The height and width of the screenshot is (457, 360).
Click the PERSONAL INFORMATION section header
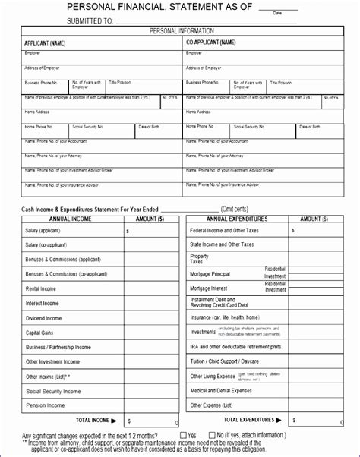point(180,31)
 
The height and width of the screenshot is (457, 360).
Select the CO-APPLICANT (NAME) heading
point(210,43)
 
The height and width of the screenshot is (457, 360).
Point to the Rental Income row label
point(43,288)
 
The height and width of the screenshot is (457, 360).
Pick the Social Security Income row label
point(53,391)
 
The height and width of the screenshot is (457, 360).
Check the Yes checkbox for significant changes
point(182,435)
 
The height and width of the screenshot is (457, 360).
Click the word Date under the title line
point(277,13)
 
